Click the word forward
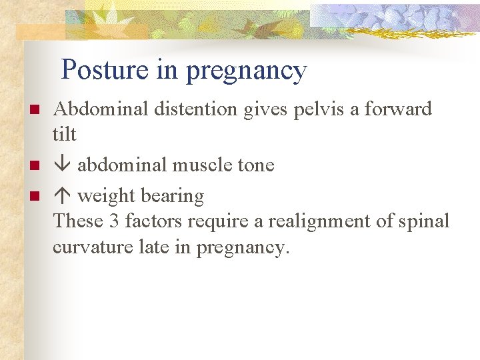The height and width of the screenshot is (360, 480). (x=398, y=109)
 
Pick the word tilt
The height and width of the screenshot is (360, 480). (x=65, y=134)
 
